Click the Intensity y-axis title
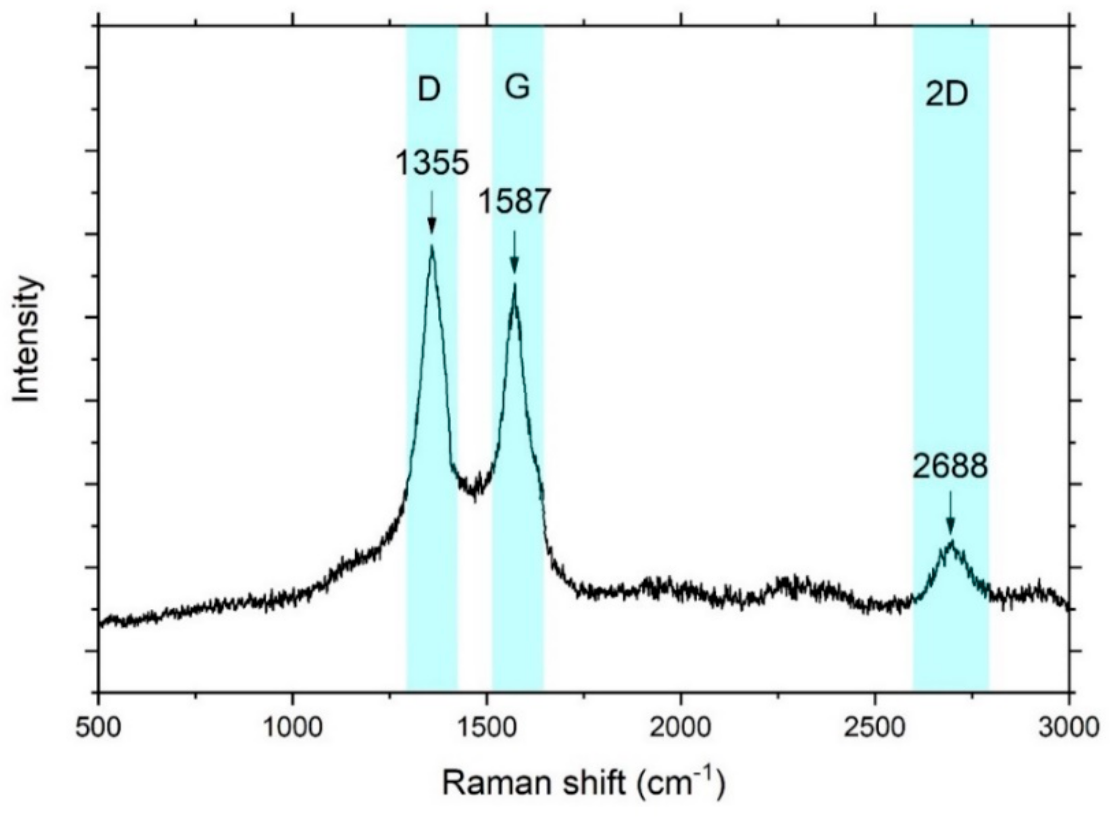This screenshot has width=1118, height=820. point(26,339)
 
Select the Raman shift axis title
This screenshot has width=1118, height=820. point(583,783)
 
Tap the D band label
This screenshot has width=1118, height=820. point(429,90)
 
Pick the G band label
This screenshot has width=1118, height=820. point(517,87)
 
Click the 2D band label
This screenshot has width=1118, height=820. point(946,95)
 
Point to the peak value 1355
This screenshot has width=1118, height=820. point(432,164)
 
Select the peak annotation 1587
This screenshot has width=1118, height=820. point(513,202)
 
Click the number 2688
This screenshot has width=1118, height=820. point(949,467)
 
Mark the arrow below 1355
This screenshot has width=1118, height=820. point(431,212)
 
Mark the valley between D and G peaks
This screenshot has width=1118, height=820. point(474,497)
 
